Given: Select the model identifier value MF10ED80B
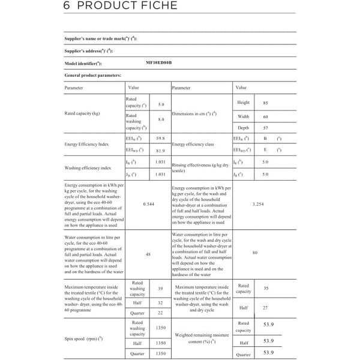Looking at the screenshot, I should [x=158, y=63].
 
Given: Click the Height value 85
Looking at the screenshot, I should [x=265, y=103].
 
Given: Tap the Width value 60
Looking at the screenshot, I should [x=265, y=116].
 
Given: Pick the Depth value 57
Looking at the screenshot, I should [x=265, y=128].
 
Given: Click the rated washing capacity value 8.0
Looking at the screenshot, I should [x=161, y=119].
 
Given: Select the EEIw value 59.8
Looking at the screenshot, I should [x=160, y=139].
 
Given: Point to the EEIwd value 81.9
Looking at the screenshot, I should [x=160, y=151].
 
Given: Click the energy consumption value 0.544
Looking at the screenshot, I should [x=149, y=205].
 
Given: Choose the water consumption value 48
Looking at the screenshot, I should [x=148, y=254].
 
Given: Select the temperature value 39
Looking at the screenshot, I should [x=160, y=289].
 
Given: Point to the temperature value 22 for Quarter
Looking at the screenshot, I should [x=160, y=313].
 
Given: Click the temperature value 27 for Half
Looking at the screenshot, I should [x=265, y=307].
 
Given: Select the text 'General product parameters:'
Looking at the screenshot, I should [x=92, y=75].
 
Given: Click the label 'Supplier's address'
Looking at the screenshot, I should [x=88, y=51].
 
